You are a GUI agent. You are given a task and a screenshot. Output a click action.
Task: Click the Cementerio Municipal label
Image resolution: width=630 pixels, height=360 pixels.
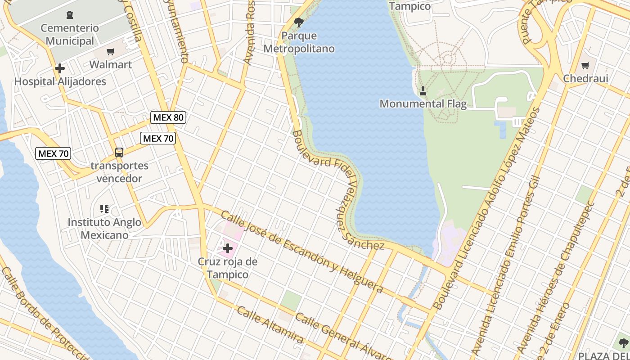click(x=70, y=35)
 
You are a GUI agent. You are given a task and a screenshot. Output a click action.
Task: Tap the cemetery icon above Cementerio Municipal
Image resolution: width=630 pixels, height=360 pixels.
click(x=69, y=15)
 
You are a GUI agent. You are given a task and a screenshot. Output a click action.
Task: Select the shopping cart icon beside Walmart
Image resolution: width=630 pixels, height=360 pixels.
click(x=111, y=52)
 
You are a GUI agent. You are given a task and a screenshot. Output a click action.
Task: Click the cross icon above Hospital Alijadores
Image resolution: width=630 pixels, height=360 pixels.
click(x=60, y=69)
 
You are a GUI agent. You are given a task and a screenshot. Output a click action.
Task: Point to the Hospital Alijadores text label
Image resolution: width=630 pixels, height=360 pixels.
click(x=60, y=81)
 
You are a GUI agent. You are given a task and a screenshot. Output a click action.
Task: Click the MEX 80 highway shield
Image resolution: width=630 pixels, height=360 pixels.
click(x=168, y=117)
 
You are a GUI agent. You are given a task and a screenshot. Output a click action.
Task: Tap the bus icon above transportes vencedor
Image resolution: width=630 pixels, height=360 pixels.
click(x=119, y=153)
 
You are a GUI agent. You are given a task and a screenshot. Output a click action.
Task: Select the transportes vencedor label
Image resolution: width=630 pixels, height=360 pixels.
click(x=119, y=172)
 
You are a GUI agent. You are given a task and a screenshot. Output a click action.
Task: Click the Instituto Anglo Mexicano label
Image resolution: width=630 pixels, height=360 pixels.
click(x=104, y=229)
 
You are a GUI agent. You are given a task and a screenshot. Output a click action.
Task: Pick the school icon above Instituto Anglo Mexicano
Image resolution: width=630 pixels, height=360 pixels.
click(x=104, y=209)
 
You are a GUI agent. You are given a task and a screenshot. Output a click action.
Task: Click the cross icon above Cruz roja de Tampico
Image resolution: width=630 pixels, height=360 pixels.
click(x=228, y=248)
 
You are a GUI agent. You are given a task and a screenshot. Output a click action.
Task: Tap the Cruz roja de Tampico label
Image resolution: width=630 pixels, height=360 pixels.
click(x=228, y=268)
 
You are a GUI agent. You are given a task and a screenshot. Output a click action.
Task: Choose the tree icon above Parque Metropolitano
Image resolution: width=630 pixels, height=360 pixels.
click(x=298, y=22)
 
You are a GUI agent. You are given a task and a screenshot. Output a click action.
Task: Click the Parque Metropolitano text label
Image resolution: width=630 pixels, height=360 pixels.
click(x=299, y=42)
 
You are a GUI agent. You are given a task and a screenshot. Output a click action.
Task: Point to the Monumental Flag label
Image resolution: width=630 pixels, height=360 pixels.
click(x=423, y=103)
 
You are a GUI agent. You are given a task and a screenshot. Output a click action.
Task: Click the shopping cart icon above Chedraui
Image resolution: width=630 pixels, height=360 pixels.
click(x=585, y=66)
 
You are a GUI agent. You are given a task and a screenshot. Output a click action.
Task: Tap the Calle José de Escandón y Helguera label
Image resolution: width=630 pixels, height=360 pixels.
click(x=301, y=252)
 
